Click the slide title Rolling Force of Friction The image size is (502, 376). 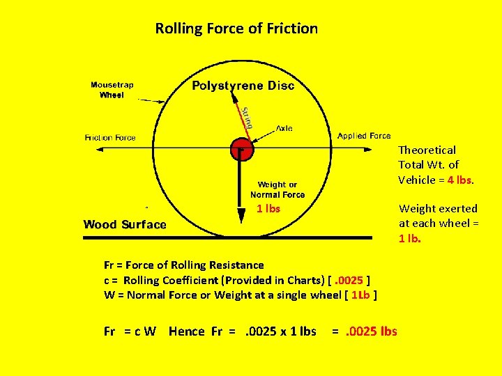[236, 29]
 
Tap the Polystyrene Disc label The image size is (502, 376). [243, 86]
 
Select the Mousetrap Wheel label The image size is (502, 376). [112, 90]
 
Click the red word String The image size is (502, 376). [246, 117]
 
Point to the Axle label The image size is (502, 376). [284, 128]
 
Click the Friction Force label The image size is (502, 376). [110, 138]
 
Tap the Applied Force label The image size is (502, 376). [364, 136]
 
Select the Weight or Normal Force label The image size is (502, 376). [277, 189]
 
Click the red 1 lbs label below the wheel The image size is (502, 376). [268, 209]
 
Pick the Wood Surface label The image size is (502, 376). [125, 224]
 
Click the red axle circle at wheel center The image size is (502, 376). [241, 148]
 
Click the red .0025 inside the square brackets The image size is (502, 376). [351, 280]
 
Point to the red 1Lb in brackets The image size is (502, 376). [360, 295]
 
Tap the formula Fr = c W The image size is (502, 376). [130, 331]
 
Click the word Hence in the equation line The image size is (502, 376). [187, 331]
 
